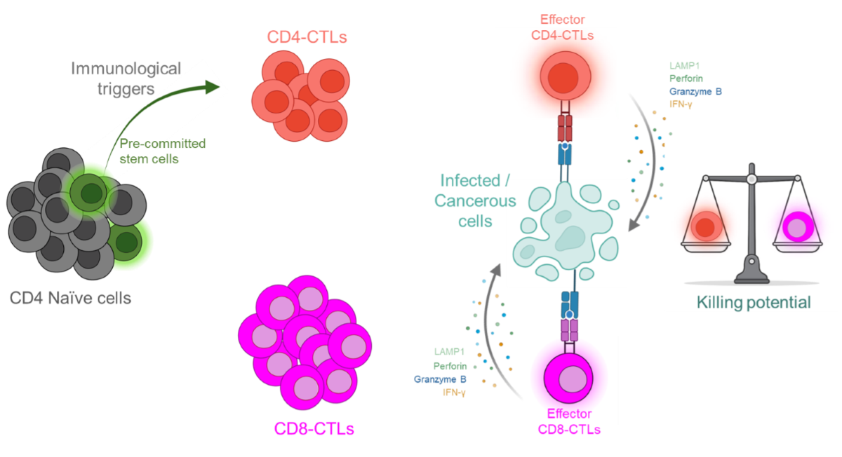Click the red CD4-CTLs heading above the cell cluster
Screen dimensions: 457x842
tap(307, 36)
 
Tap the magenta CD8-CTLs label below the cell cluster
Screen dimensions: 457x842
tap(314, 428)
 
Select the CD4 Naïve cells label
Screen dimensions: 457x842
tap(70, 298)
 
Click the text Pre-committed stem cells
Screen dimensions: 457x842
tap(162, 150)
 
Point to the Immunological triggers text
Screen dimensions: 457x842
tap(126, 78)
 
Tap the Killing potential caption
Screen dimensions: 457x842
tap(753, 303)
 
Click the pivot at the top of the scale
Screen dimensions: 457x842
tap(751, 179)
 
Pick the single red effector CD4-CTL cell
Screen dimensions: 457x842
tap(565, 76)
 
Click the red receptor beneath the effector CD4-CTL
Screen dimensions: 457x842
tap(566, 130)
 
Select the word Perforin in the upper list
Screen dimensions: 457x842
tap(686, 79)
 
